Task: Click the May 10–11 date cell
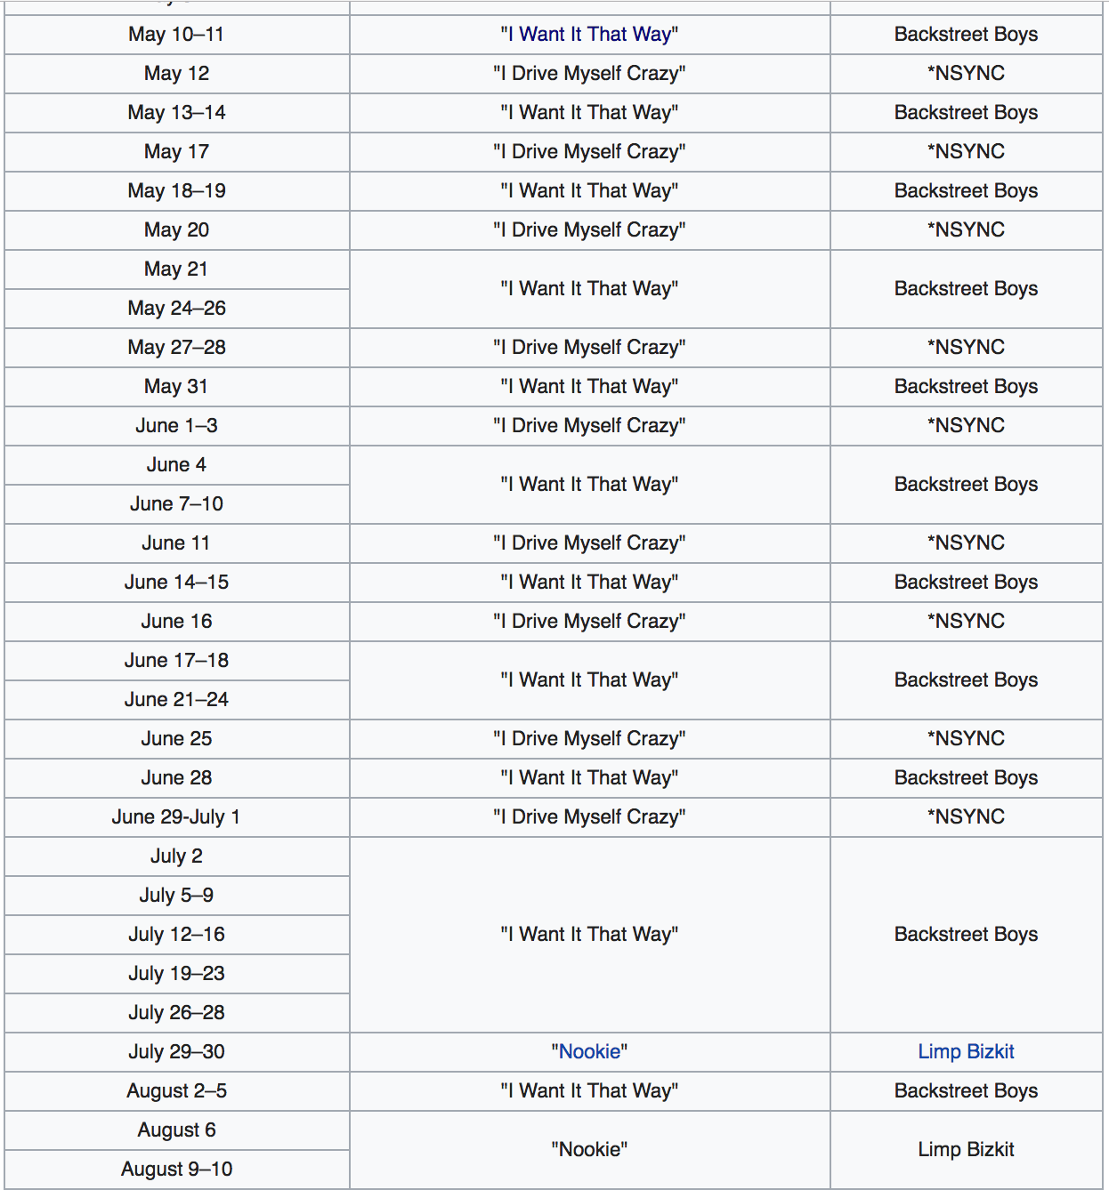[176, 35]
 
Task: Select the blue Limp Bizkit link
[966, 1052]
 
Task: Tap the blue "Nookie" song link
[589, 1052]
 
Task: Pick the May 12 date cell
[176, 74]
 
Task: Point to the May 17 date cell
[176, 152]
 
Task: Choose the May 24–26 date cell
[176, 309]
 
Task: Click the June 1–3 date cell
[176, 426]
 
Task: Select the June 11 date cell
[176, 543]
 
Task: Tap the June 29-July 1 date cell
[176, 817]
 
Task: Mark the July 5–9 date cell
[176, 896]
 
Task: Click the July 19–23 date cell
[176, 974]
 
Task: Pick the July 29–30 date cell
[176, 1052]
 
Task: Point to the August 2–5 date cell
[176, 1091]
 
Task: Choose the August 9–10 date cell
[176, 1170]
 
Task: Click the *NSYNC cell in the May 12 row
[966, 74]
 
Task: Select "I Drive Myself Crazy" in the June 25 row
[589, 739]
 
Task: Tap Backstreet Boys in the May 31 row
[966, 387]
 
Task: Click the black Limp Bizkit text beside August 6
[966, 1150]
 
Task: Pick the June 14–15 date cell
[176, 583]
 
